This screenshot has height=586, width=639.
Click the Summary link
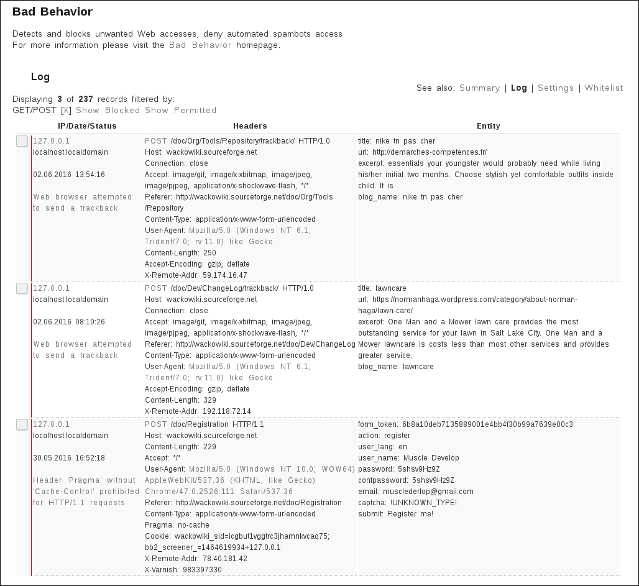[x=479, y=88]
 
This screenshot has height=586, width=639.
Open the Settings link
[x=556, y=88]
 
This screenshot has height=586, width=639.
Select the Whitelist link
[x=604, y=88]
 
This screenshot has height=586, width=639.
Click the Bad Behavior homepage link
[x=200, y=45]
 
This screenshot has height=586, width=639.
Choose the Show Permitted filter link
[x=181, y=111]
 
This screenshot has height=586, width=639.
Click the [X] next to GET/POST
[x=66, y=111]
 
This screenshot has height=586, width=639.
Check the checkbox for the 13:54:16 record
[x=22, y=142]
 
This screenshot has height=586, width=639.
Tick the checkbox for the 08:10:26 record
[x=22, y=288]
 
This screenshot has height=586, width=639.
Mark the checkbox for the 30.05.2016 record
[x=22, y=424]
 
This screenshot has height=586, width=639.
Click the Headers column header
[x=250, y=126]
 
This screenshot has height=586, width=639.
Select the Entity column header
[x=488, y=126]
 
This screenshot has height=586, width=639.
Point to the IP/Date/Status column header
[x=87, y=126]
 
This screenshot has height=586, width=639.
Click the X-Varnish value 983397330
[x=202, y=570]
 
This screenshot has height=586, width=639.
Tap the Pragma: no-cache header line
[x=177, y=525]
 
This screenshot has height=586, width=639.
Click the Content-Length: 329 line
[x=180, y=400]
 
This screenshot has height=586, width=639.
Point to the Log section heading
[x=40, y=77]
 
